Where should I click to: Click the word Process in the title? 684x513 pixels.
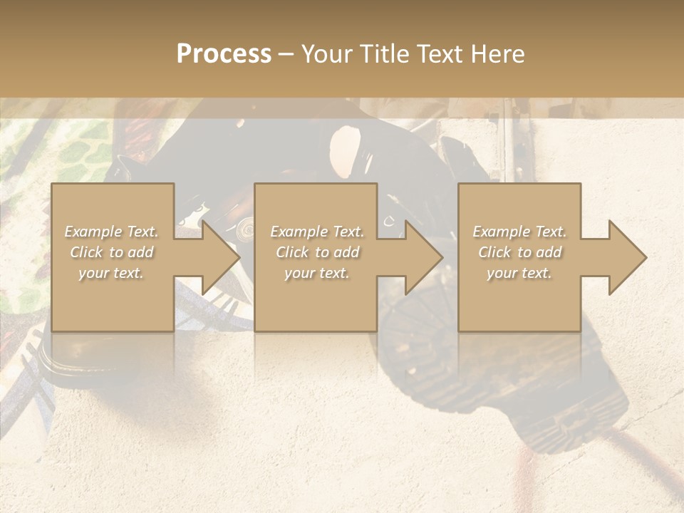pos(224,54)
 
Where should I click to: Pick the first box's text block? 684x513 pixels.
pos(112,252)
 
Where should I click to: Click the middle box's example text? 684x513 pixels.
pos(316,252)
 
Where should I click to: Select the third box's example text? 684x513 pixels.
pos(519,252)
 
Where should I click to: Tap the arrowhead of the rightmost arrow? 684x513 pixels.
pos(628,257)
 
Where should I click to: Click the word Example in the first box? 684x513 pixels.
pos(93,232)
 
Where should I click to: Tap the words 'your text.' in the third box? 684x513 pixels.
pos(519,273)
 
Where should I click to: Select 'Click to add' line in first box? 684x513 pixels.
pos(112,252)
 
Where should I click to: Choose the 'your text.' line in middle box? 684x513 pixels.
pos(316,273)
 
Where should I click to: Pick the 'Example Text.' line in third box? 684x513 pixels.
pos(519,232)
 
